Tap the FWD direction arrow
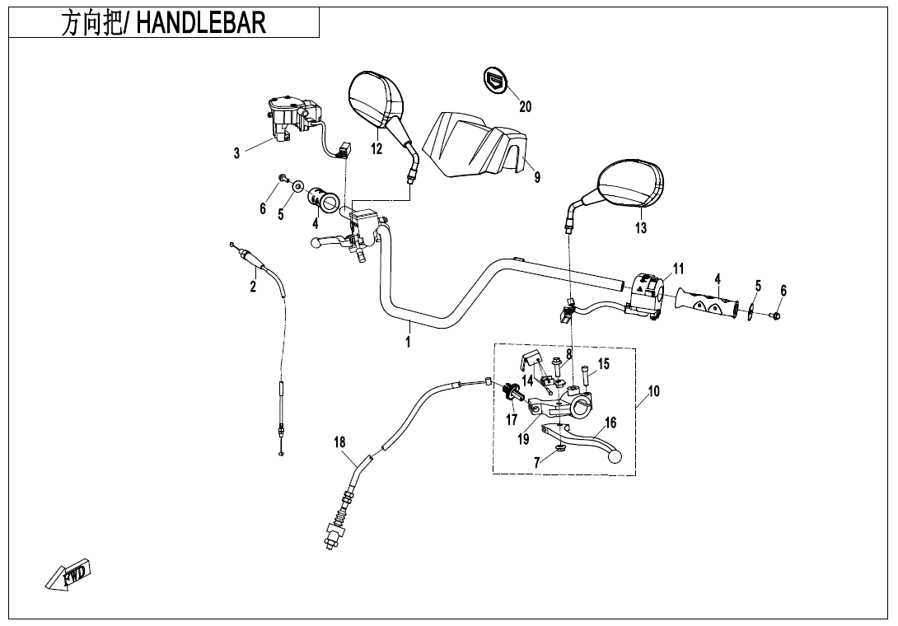coord(69,574)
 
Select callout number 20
coord(525,107)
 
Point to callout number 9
coord(537,177)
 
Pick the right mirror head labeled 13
coord(632,184)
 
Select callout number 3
coord(236,153)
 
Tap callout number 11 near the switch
coord(678,269)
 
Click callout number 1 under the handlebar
coord(408,341)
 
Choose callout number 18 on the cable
coord(339,442)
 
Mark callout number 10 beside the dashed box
coord(653,391)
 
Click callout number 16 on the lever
coord(610,423)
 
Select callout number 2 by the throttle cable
coord(253,287)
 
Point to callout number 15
coord(604,363)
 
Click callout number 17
coord(512,420)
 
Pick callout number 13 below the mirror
coord(641,228)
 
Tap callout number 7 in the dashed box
coord(537,462)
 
